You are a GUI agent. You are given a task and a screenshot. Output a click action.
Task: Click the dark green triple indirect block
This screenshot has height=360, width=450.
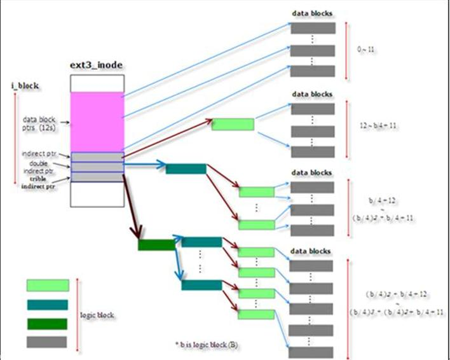156,244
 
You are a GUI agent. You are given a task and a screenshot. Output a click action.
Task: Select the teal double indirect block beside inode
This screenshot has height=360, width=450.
186,169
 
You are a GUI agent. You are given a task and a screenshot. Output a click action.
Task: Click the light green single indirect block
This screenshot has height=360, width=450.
233,124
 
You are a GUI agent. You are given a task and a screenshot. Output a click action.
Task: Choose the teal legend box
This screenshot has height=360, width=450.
48,305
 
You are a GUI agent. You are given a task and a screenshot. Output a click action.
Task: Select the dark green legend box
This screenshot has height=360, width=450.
48,323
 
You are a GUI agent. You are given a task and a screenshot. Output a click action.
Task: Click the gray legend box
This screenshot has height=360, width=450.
48,342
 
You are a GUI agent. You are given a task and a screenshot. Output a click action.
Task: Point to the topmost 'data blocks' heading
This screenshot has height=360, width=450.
311,13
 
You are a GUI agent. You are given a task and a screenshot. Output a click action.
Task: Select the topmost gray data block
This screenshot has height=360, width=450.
311,28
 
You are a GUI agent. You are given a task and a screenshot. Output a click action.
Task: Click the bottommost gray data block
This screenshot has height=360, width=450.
311,352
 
